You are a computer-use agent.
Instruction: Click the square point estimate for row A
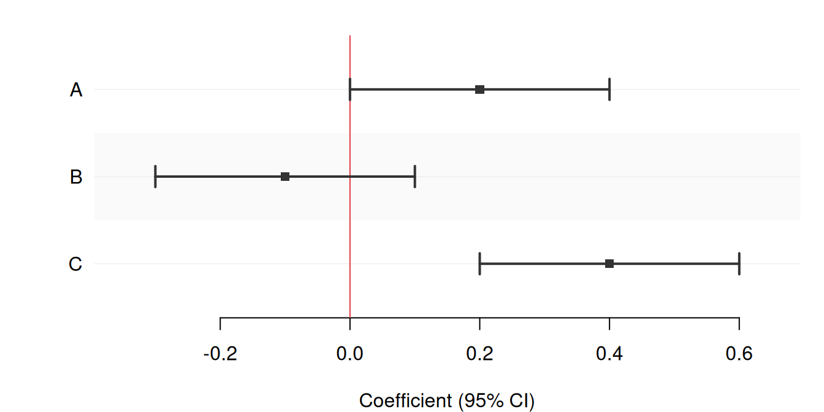click(x=479, y=90)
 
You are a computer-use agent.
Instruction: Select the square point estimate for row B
click(x=285, y=177)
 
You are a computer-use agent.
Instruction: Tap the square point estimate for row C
click(x=609, y=264)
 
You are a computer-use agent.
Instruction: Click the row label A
click(x=76, y=90)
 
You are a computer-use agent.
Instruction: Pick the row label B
click(x=76, y=177)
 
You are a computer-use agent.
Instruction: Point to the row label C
click(x=75, y=264)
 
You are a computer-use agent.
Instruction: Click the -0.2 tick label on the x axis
click(x=219, y=354)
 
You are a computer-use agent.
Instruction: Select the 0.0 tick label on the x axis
click(x=349, y=354)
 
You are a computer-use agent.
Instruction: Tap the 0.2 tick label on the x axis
click(x=479, y=354)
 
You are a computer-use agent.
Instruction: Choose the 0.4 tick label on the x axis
click(x=609, y=354)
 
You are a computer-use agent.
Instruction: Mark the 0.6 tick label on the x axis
click(x=739, y=354)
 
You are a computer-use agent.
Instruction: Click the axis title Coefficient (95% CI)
click(x=446, y=401)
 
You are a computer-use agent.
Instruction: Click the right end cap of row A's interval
click(x=609, y=90)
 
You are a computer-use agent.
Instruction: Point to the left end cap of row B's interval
click(x=156, y=177)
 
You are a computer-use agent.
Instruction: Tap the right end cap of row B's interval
click(x=415, y=177)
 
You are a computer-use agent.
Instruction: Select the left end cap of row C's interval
click(x=479, y=264)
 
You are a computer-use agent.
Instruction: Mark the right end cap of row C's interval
click(x=739, y=264)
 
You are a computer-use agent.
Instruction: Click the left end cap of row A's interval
click(x=350, y=90)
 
